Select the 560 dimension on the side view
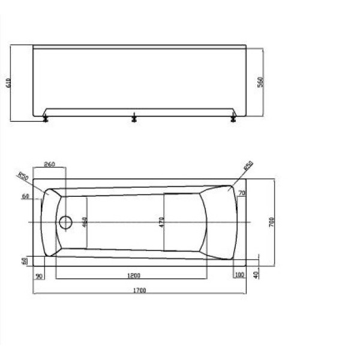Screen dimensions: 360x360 (x=260, y=82)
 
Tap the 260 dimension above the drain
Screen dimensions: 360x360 (x=49, y=164)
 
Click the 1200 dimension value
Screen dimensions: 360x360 (x=134, y=275)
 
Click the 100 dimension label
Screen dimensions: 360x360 (x=240, y=275)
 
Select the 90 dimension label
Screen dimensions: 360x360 (x=40, y=275)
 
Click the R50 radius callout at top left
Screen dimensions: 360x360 (x=23, y=177)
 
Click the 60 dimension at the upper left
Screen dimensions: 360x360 (x=25, y=196)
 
